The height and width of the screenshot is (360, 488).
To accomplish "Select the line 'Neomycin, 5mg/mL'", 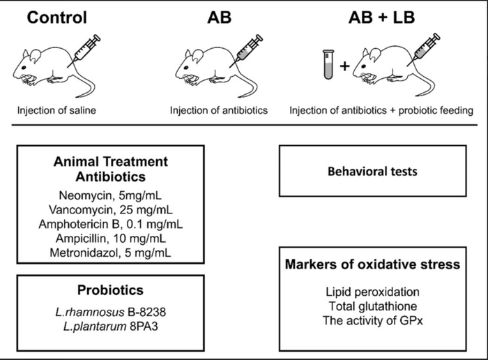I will coord(112,197).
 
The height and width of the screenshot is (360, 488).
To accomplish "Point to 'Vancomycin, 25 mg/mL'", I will coord(112,210).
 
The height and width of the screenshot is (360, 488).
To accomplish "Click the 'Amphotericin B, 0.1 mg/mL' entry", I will coord(112,224).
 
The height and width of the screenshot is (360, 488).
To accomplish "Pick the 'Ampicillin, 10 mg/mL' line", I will coord(112,237).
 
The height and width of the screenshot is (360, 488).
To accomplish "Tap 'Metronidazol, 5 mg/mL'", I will coord(112,251).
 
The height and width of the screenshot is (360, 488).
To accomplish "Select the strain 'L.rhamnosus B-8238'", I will coord(111,312).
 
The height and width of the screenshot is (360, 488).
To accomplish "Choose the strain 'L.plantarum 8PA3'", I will coord(111,326).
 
